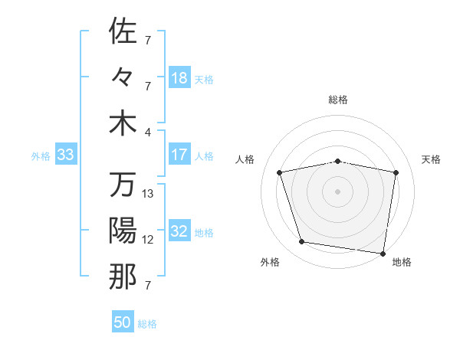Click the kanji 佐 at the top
(x=123, y=31)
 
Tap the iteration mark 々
(x=123, y=77)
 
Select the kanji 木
(x=123, y=123)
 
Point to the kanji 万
(x=123, y=185)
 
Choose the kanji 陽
(x=123, y=231)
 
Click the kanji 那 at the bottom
(x=123, y=277)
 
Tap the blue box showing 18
(x=179, y=78)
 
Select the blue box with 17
(x=179, y=155)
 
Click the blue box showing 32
(x=179, y=232)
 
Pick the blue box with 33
(x=66, y=155)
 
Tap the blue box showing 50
(x=123, y=322)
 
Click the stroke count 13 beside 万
(x=148, y=194)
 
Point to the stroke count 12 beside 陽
(x=148, y=240)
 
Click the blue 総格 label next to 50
(x=147, y=324)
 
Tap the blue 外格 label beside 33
(x=41, y=156)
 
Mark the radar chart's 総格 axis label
(x=338, y=100)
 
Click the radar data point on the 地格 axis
(x=383, y=253)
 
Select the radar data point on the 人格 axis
(x=280, y=172)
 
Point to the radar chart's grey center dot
(x=338, y=191)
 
